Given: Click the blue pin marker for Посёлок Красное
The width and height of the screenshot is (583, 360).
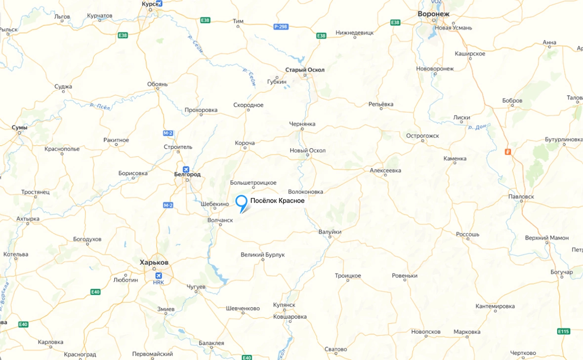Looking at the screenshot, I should (241, 201).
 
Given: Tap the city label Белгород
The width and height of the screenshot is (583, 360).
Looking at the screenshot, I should (187, 174).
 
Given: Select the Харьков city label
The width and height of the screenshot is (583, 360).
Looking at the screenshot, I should (154, 262).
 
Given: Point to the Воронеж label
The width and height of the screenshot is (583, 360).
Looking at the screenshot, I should (433, 14).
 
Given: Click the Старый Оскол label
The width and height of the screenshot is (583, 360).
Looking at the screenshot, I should (305, 70).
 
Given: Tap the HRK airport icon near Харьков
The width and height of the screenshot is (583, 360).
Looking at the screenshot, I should (159, 276).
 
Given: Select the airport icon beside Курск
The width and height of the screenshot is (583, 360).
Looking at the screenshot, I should (159, 3).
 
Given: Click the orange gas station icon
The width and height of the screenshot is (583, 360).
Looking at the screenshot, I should (507, 152).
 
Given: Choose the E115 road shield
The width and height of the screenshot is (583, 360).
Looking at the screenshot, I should (564, 331).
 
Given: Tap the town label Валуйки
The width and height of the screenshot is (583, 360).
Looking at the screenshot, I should (330, 232).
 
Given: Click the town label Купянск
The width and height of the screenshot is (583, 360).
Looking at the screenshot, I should (284, 306).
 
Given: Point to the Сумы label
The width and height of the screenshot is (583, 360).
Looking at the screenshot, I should (20, 127).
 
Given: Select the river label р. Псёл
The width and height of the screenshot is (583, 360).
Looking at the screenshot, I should (99, 105).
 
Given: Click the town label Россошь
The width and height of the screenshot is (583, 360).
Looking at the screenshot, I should (467, 234).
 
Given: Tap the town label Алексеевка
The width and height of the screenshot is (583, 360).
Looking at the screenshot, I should (385, 170).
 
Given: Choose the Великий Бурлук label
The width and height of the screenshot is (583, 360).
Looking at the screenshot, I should (262, 255).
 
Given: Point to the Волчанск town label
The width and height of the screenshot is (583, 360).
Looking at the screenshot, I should (220, 220).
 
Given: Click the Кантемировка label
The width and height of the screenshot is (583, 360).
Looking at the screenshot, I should (495, 307).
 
